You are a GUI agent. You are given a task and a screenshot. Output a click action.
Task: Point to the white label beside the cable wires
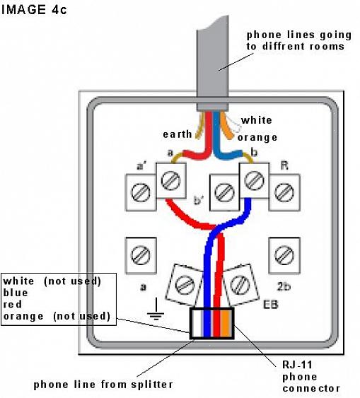(x=255, y=120)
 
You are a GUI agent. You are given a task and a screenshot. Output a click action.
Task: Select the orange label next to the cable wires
(x=257, y=136)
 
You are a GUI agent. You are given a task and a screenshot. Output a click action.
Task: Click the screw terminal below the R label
(x=283, y=191)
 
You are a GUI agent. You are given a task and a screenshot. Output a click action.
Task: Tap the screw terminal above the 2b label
(x=283, y=252)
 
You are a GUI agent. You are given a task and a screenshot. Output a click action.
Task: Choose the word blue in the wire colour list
(x=16, y=292)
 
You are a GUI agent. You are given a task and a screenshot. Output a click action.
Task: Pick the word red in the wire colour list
(x=13, y=304)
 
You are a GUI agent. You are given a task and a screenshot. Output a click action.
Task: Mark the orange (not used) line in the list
(x=57, y=316)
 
